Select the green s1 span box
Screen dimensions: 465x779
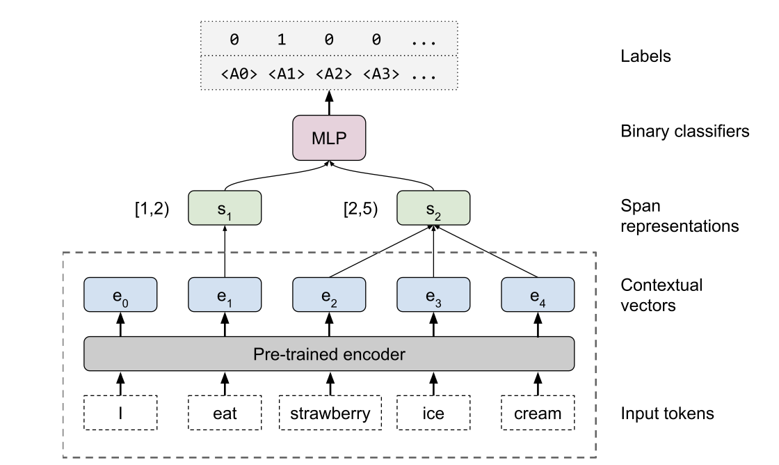(x=225, y=209)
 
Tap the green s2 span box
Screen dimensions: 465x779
(x=433, y=209)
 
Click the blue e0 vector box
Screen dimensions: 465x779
(x=120, y=295)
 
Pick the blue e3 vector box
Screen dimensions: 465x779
(x=433, y=295)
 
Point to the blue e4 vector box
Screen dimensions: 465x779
(x=538, y=295)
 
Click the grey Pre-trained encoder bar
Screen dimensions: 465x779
(x=329, y=354)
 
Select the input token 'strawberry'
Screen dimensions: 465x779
(x=329, y=413)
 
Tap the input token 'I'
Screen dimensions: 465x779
(x=120, y=413)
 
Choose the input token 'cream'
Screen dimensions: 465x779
(x=538, y=413)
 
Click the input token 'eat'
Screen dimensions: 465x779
(x=225, y=413)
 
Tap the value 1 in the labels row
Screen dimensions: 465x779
(x=282, y=40)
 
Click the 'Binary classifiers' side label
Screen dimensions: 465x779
(x=684, y=130)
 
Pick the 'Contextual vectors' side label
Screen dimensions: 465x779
(x=661, y=294)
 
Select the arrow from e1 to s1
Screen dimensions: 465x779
(x=225, y=252)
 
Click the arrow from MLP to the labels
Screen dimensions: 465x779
(x=329, y=103)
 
